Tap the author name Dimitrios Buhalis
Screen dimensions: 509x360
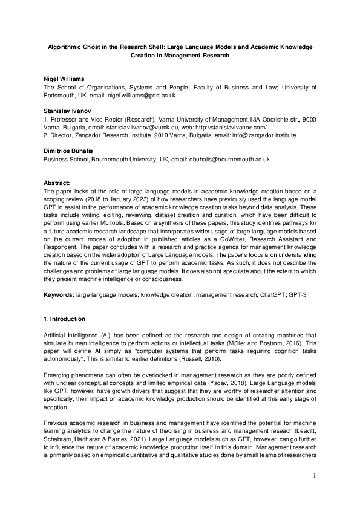point(70,151)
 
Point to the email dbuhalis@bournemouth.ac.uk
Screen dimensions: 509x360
point(231,160)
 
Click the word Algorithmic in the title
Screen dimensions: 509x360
point(67,46)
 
